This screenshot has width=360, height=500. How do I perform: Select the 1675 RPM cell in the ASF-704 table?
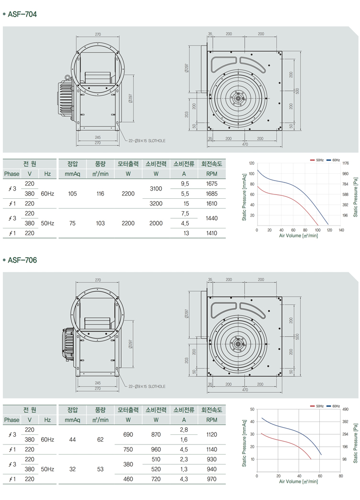pyautogui.click(x=211, y=184)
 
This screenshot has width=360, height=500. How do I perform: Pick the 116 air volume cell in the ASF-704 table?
pyautogui.click(x=100, y=193)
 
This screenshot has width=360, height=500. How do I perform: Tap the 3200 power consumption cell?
pyautogui.click(x=156, y=204)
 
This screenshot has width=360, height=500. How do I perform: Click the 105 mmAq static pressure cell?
pyautogui.click(x=72, y=193)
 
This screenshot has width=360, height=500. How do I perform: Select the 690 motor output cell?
pyautogui.click(x=128, y=434)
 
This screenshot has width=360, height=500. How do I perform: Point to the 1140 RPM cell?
pyautogui.click(x=211, y=449)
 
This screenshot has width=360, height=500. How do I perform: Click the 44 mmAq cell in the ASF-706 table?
pyautogui.click(x=72, y=439)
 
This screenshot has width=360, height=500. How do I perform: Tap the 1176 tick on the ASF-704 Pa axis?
pyautogui.click(x=346, y=163)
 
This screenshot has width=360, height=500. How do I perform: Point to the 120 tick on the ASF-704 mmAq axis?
pyautogui.click(x=252, y=163)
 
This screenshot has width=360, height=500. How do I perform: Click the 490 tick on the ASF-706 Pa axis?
pyautogui.click(x=345, y=409)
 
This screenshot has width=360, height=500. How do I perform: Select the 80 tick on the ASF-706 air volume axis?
pyautogui.click(x=340, y=476)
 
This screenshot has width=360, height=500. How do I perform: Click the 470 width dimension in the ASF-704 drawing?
pyautogui.click(x=245, y=144)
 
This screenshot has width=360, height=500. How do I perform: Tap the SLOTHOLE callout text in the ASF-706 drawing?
pyautogui.click(x=147, y=386)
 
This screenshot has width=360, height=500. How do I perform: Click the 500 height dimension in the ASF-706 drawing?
pyautogui.click(x=297, y=336)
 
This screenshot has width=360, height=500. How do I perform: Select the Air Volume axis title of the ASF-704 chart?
pyautogui.click(x=298, y=236)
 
